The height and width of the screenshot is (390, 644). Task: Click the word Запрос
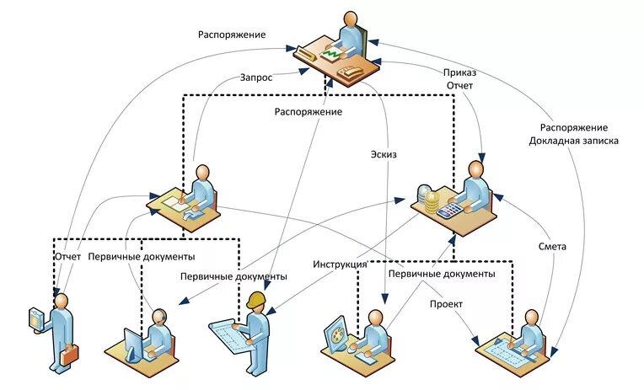tap(256, 77)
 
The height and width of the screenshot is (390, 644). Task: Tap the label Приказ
tap(460, 72)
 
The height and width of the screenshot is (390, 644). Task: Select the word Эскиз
tap(383, 154)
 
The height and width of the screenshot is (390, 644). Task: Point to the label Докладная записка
tap(574, 141)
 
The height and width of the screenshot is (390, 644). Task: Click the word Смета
tap(552, 247)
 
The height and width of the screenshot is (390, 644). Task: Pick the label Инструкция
tap(340, 264)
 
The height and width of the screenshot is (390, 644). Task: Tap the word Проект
tap(446, 303)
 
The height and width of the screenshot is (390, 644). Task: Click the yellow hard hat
tap(256, 300)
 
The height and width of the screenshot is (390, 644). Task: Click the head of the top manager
tap(349, 19)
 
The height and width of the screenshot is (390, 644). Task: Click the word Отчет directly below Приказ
tap(460, 85)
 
